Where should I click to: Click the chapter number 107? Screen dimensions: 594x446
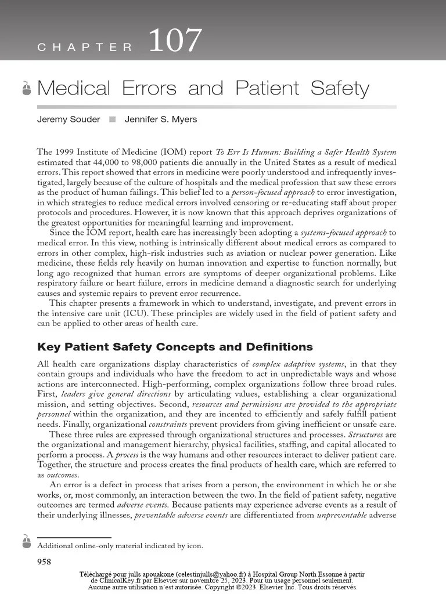175,41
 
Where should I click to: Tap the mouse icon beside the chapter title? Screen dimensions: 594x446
26,89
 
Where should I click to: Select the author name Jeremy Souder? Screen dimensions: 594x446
69,119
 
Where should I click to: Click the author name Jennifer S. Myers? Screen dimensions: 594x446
161,119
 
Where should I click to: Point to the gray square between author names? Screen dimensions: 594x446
112,119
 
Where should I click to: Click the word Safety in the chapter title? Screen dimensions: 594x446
340,89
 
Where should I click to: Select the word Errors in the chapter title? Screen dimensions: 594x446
149,89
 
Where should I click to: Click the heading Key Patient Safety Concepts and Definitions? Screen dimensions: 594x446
175,347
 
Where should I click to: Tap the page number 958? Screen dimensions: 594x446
44,561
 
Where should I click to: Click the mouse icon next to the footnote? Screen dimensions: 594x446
26,542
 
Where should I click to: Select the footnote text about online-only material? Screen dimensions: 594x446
120,546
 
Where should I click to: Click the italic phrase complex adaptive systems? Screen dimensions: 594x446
299,364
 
